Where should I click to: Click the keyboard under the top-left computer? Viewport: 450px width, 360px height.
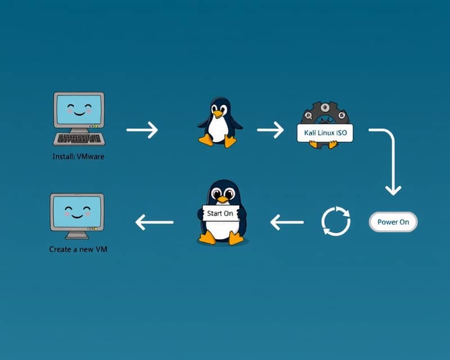pyautogui.click(x=78, y=138)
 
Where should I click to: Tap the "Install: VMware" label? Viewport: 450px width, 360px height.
pyautogui.click(x=78, y=156)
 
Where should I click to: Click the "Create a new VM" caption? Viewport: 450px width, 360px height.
pyautogui.click(x=78, y=249)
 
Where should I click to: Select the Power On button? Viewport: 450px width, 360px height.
pyautogui.click(x=393, y=222)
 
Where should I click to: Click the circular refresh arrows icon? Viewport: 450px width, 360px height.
pyautogui.click(x=336, y=221)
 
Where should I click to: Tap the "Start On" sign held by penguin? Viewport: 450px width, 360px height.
pyautogui.click(x=219, y=214)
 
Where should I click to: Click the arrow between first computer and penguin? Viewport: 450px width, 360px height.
pyautogui.click(x=142, y=130)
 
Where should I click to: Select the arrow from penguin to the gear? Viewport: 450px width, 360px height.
pyautogui.click(x=271, y=130)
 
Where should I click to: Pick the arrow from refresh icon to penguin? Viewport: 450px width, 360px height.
pyautogui.click(x=287, y=222)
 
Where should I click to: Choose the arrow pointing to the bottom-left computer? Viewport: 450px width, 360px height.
pyautogui.click(x=154, y=222)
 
